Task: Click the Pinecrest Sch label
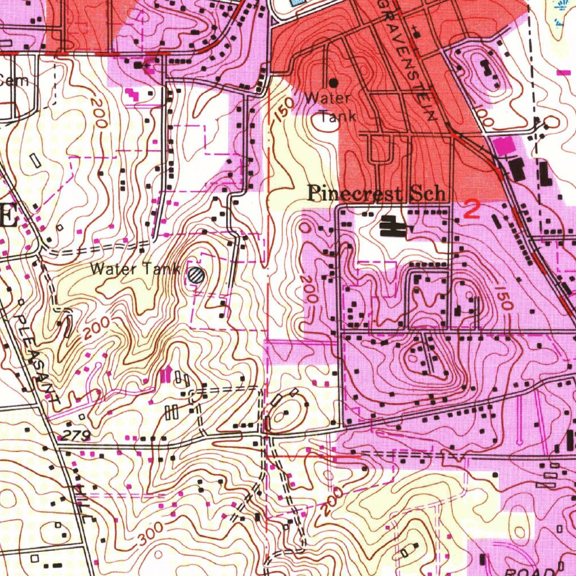click(x=377, y=194)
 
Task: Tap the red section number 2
click(x=472, y=210)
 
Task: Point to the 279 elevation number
click(x=73, y=435)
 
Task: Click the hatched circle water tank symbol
click(x=196, y=275)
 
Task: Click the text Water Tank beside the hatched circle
click(x=134, y=269)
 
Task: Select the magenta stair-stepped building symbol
click(x=132, y=93)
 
